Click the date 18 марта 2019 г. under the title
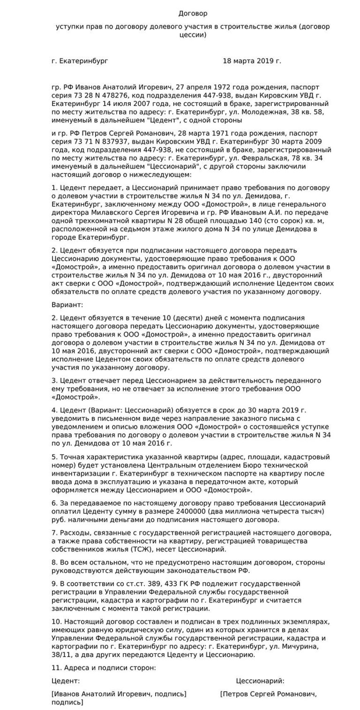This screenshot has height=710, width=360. pos(252,61)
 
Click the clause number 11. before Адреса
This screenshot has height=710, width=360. pos(56,667)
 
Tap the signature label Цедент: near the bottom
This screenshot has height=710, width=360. pos(66,681)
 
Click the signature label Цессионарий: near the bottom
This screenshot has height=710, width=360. pos(260,681)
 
